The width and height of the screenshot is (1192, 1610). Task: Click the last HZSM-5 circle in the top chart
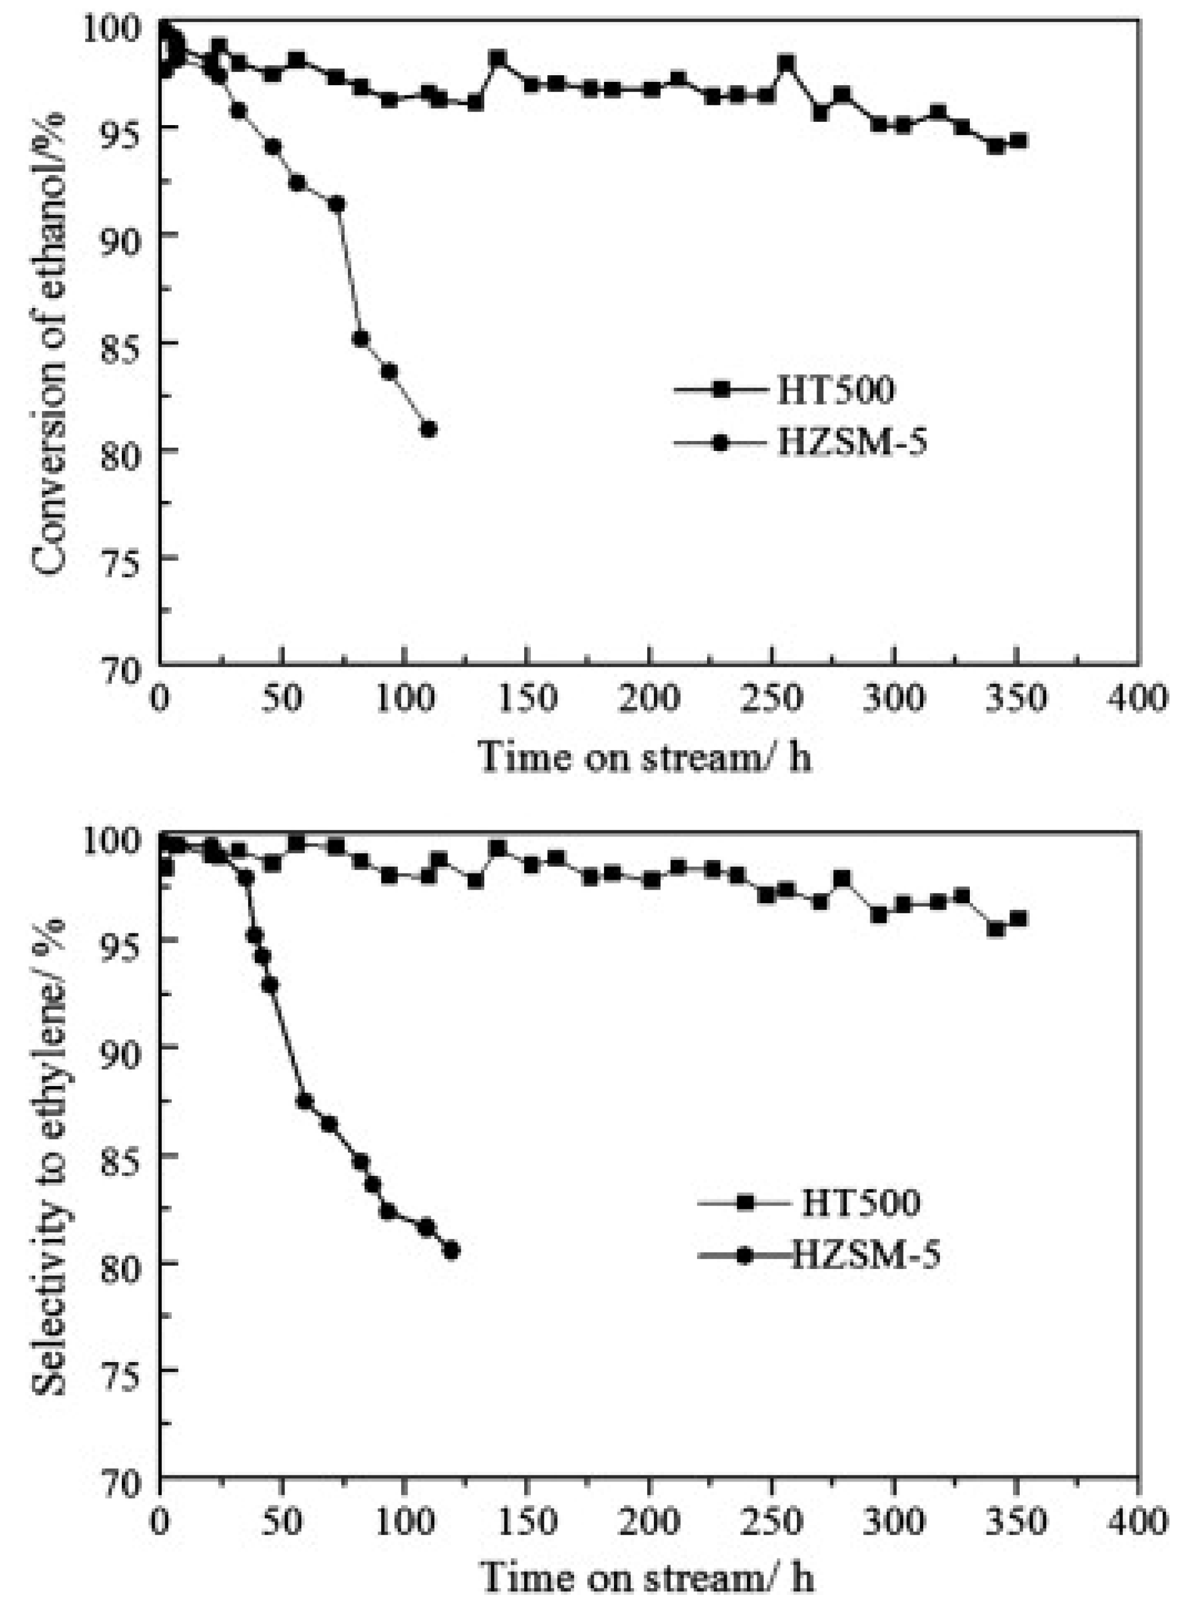tap(429, 429)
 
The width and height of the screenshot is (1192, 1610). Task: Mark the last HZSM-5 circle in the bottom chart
tap(452, 1251)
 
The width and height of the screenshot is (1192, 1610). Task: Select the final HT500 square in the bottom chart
tap(1018, 918)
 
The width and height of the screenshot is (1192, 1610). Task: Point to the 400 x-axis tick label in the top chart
tap(1138, 698)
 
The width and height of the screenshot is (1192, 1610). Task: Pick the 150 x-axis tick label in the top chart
tap(528, 698)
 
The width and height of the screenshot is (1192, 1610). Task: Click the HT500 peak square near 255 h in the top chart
tap(787, 63)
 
